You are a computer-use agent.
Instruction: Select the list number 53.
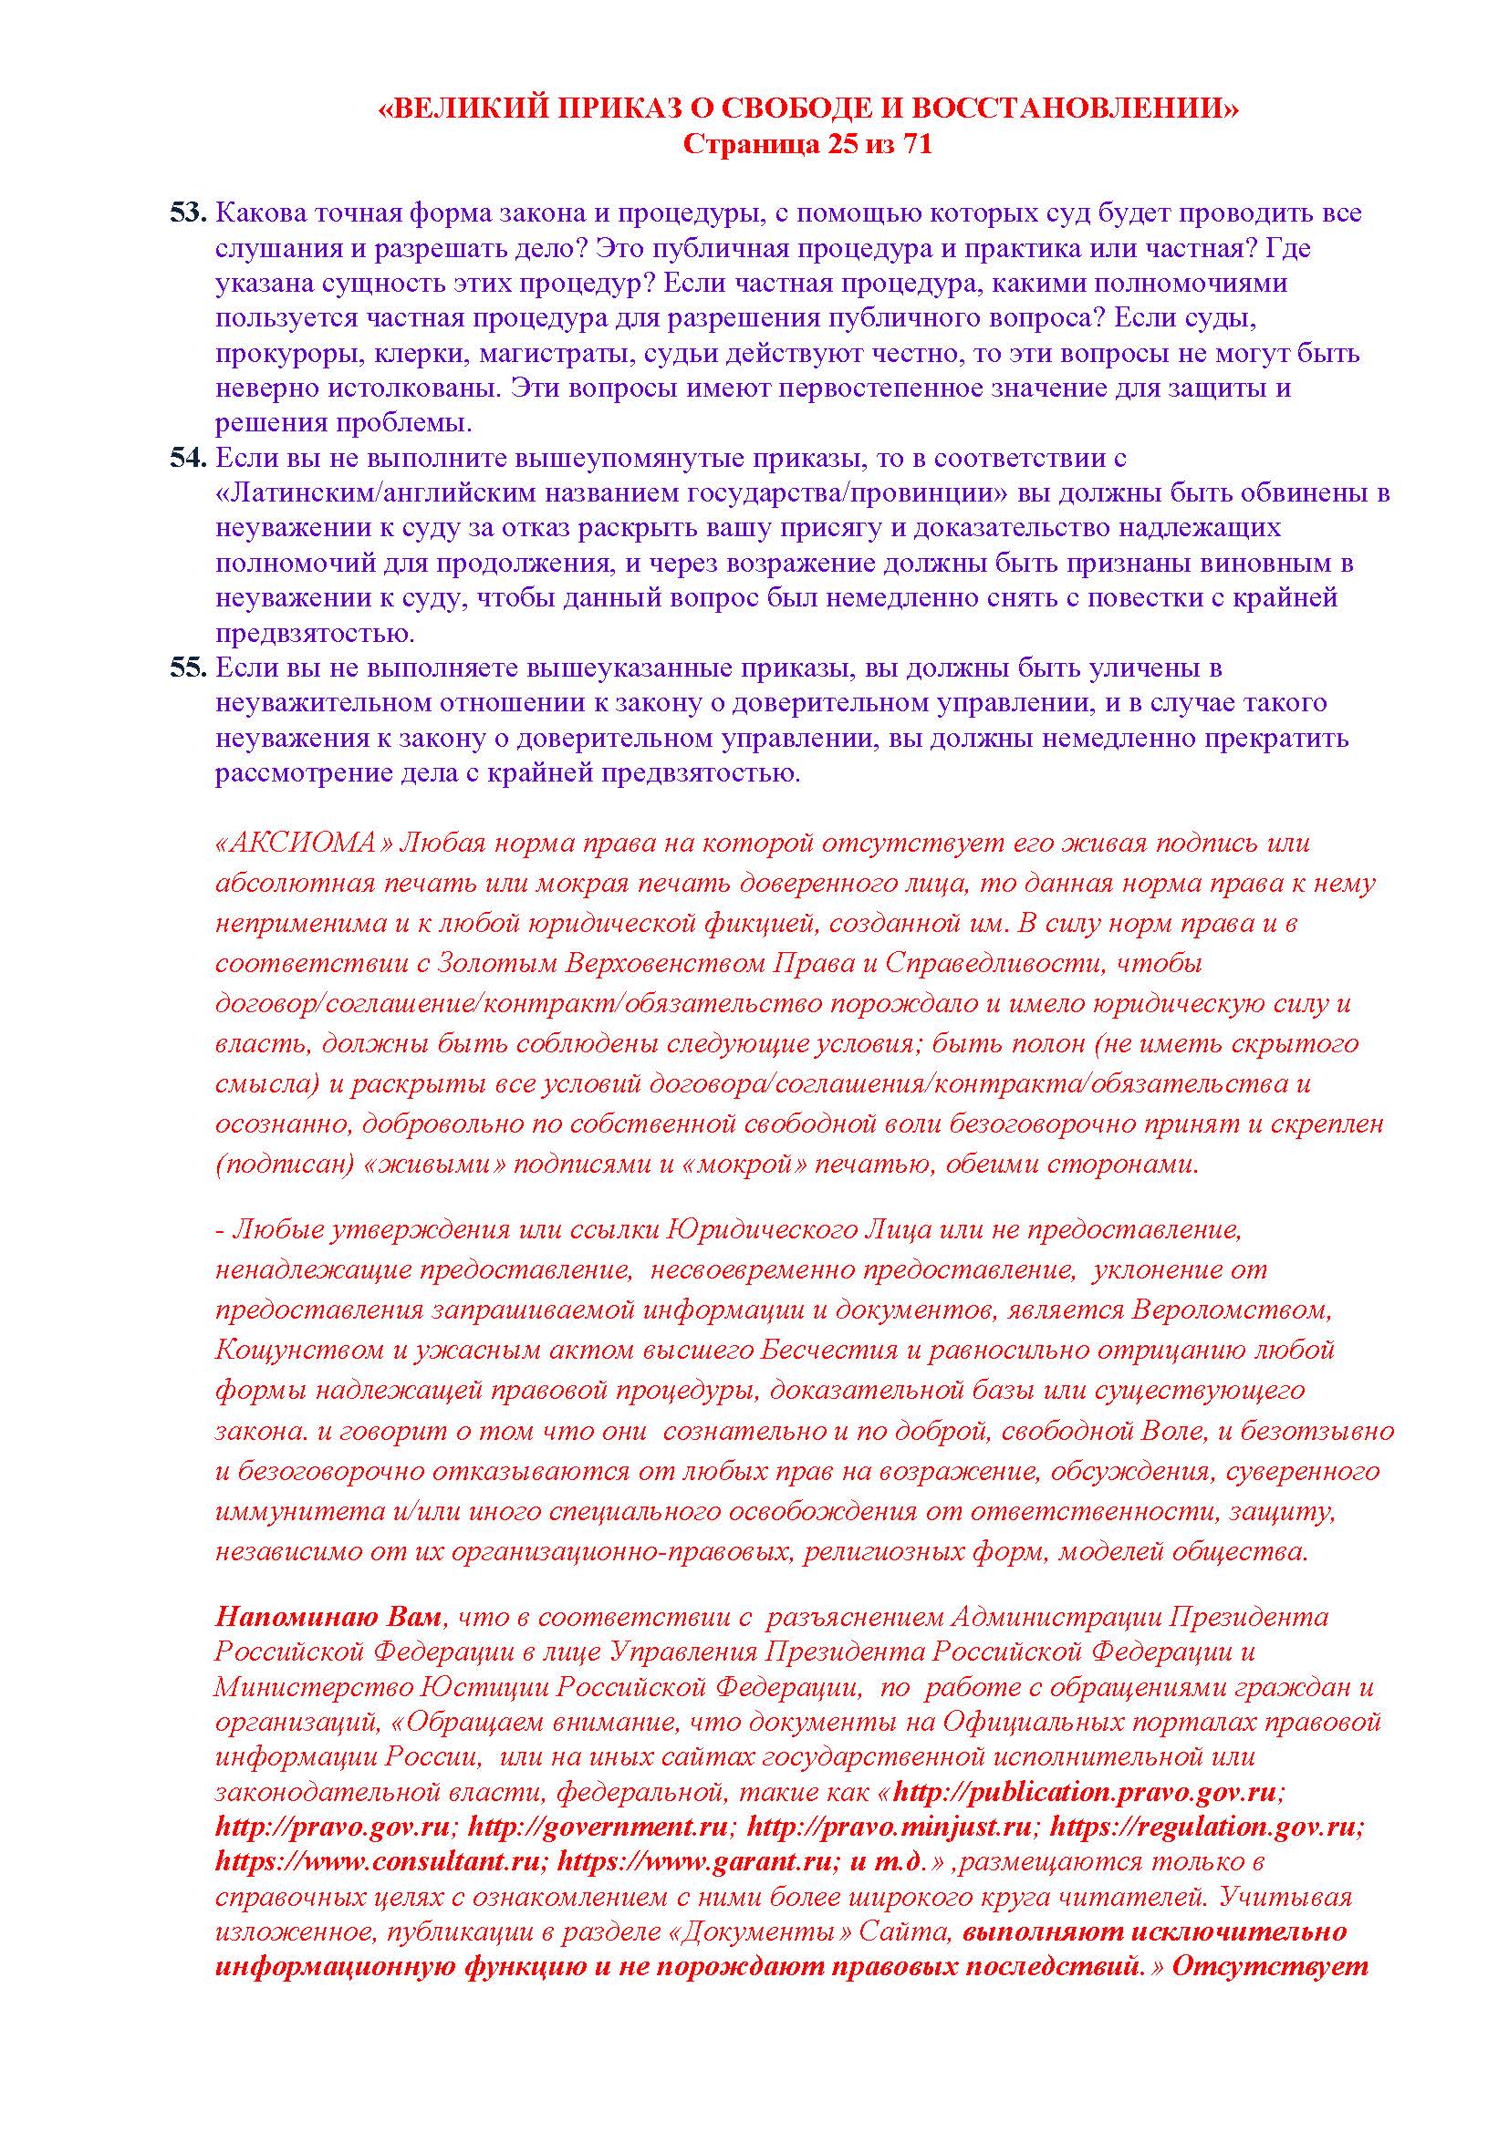(x=187, y=212)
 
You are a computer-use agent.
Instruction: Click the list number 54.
(x=187, y=458)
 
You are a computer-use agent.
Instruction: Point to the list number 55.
(x=187, y=668)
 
